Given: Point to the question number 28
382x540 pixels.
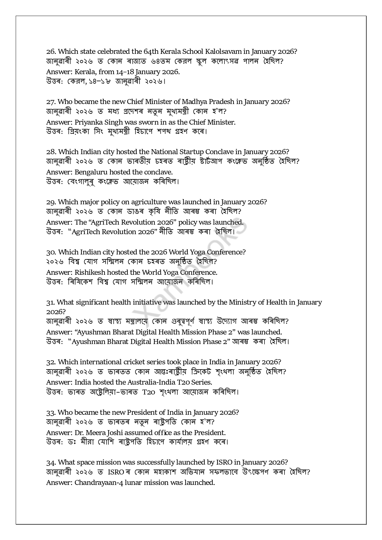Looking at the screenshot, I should (x=51, y=152).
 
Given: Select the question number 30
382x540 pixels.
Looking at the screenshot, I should (x=51, y=252).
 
